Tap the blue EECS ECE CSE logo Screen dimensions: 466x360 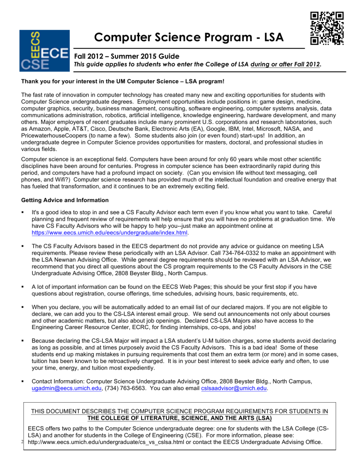click(45, 50)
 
